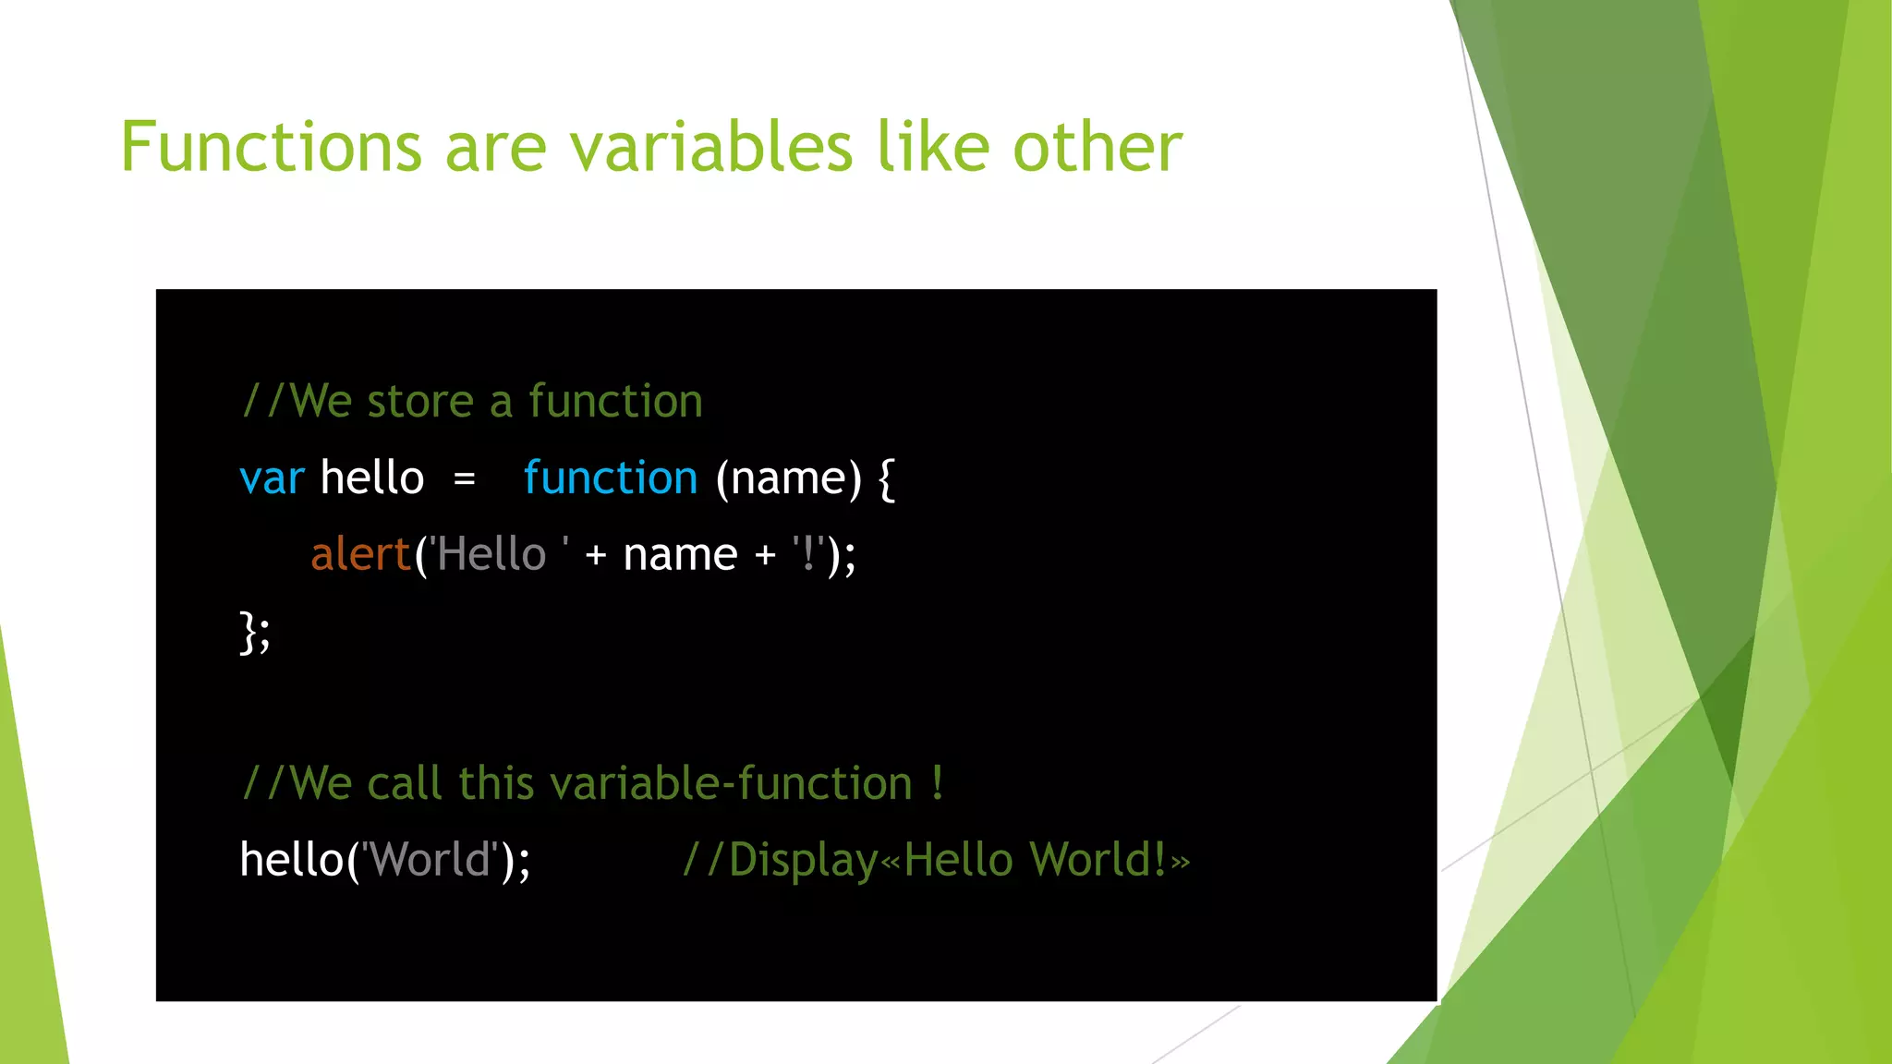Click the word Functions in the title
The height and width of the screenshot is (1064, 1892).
[x=271, y=148]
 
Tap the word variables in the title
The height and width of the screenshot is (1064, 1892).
[x=710, y=148]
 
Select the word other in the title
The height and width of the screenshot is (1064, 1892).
[x=1097, y=148]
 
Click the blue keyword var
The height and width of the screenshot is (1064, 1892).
[x=271, y=479]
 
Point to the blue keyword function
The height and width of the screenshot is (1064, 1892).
[x=610, y=478]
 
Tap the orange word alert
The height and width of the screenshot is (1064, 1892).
[x=360, y=555]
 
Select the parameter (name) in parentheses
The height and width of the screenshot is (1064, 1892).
[x=788, y=479]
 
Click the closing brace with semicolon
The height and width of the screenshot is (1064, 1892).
[x=255, y=633]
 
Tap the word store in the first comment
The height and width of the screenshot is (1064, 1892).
[x=420, y=403]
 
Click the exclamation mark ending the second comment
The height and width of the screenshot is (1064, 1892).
[x=937, y=784]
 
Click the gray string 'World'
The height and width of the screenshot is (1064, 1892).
[x=430, y=860]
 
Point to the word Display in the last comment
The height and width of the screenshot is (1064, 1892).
[x=803, y=861]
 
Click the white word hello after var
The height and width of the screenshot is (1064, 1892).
[x=371, y=478]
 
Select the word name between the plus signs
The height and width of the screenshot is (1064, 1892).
[x=680, y=556]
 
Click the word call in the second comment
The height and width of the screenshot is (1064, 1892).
[x=404, y=784]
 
